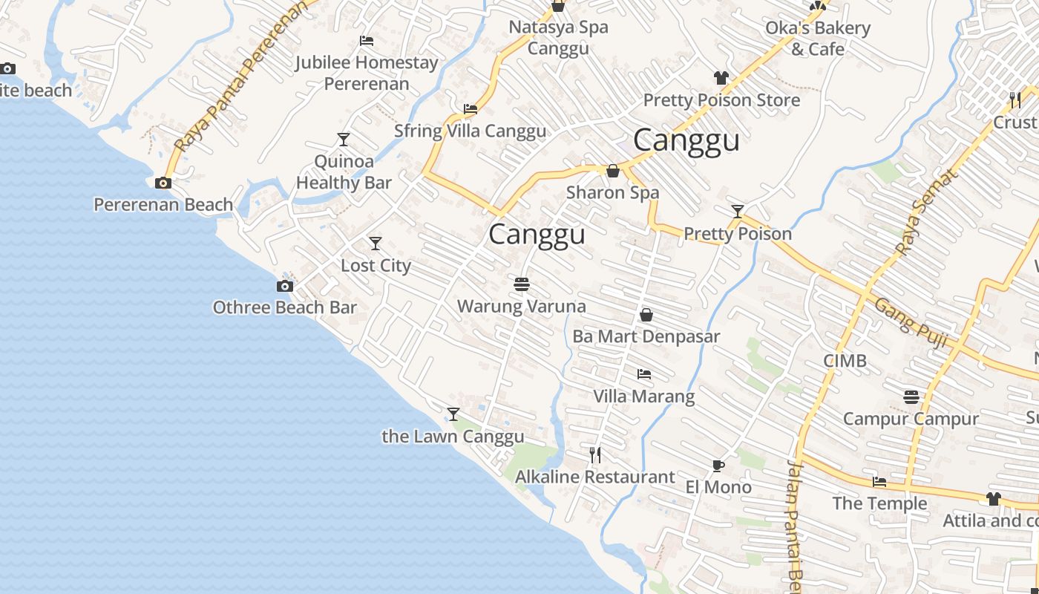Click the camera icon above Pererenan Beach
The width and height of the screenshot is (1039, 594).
pyautogui.click(x=163, y=183)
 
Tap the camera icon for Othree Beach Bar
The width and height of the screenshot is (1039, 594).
pyautogui.click(x=284, y=286)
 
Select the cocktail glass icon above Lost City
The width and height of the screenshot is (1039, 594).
pyautogui.click(x=376, y=243)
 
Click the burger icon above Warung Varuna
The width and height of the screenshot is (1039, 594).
pyautogui.click(x=522, y=284)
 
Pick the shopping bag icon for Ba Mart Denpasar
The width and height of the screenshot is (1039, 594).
pyautogui.click(x=646, y=315)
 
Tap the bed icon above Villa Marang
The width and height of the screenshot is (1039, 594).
pyautogui.click(x=644, y=374)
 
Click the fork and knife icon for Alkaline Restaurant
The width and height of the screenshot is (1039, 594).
pyautogui.click(x=594, y=454)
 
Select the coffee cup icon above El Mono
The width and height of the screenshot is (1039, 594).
pyautogui.click(x=718, y=466)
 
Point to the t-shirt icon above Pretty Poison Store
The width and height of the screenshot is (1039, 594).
pyautogui.click(x=721, y=77)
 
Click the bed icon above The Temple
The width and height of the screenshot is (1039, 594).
pyautogui.click(x=879, y=482)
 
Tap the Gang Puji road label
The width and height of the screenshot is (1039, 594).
pyautogui.click(x=911, y=323)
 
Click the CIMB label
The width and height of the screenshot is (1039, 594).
pyautogui.click(x=845, y=361)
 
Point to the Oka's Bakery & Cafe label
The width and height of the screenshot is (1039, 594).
pyautogui.click(x=818, y=39)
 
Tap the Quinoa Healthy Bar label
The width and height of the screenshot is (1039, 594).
pyautogui.click(x=344, y=172)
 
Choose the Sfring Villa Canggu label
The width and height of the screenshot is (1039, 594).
pyautogui.click(x=470, y=131)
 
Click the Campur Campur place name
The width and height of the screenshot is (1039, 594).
pyautogui.click(x=911, y=419)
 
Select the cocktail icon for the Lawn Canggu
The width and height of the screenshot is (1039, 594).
pyautogui.click(x=453, y=414)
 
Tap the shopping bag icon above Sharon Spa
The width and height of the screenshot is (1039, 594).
pyautogui.click(x=613, y=171)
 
